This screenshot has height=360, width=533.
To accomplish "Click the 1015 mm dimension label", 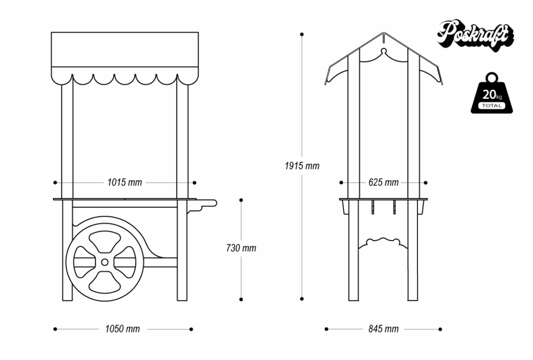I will (x=124, y=182).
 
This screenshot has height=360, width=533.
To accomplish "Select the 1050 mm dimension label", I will (x=122, y=329).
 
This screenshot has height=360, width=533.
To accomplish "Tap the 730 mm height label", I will (x=242, y=248).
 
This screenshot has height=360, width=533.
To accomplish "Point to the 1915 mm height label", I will (x=302, y=166).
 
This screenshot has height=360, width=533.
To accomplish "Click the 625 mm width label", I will (x=383, y=182).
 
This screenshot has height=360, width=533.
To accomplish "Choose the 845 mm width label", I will (x=383, y=329).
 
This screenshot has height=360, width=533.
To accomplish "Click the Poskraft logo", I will (x=475, y=35).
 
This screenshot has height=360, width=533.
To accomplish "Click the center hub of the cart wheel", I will (x=105, y=262).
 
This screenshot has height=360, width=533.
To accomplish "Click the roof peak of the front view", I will (x=383, y=34).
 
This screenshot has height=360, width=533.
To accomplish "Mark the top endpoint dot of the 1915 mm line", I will (x=302, y=34).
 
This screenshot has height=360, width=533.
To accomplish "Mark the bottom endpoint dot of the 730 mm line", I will (x=240, y=299).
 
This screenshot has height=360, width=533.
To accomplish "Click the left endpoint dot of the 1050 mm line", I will (x=55, y=329).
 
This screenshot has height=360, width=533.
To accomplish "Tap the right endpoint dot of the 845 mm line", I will (x=440, y=329).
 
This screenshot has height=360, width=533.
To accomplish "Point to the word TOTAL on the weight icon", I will (x=491, y=106).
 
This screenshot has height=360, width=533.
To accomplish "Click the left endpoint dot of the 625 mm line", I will (x=341, y=182).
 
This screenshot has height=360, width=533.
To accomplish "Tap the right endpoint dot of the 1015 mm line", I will (x=195, y=182).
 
